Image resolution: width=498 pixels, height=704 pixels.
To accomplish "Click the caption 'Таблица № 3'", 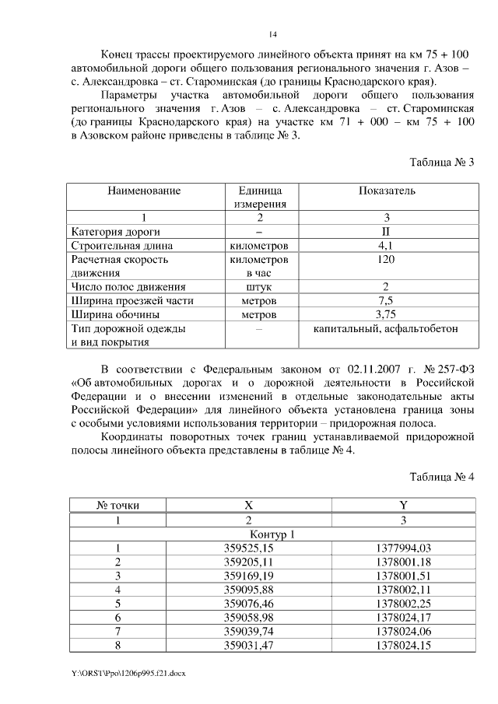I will [x=441, y=162].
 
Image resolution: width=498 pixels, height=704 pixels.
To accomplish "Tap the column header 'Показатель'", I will [x=387, y=191].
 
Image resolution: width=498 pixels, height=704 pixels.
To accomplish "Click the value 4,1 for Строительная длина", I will [x=387, y=246].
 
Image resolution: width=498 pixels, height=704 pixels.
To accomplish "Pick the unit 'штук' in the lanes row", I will [x=259, y=287].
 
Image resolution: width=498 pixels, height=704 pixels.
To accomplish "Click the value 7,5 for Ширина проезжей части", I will [x=387, y=301].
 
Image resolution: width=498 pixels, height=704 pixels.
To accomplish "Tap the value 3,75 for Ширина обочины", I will [x=387, y=315].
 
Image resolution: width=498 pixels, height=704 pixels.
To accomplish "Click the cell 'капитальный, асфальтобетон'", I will [x=387, y=329].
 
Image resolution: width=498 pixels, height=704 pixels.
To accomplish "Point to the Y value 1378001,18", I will [x=403, y=562].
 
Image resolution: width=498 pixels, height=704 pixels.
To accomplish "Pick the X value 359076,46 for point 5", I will [x=249, y=603].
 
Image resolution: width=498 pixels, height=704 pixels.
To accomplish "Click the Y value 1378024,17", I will [x=403, y=617].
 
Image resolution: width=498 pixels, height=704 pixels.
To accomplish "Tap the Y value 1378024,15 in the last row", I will [x=403, y=645].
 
